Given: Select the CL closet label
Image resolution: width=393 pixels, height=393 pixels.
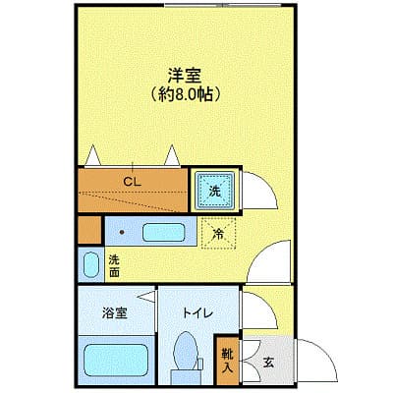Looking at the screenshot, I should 131,181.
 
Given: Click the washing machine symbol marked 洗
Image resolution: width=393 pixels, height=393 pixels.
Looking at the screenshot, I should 215,191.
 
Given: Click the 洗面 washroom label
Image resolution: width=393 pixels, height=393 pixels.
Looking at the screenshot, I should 114,264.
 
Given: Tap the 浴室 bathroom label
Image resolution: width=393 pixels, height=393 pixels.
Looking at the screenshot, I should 115,313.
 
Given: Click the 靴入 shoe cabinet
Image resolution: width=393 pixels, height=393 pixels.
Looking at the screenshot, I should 226,361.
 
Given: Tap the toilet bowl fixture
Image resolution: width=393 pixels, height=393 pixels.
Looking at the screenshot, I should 184,354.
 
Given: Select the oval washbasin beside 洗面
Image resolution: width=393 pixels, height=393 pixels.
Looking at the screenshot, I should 90,265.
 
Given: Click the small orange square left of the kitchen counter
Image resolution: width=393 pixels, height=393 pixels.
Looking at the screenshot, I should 88,233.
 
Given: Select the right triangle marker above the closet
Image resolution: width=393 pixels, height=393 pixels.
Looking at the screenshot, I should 174,154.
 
